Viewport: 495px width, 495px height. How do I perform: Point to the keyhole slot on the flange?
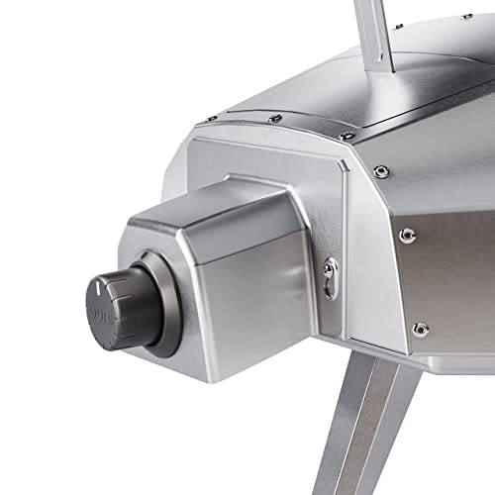[330, 272]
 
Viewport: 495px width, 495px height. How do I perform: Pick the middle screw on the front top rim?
[276, 119]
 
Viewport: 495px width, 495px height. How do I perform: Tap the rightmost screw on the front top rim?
[345, 136]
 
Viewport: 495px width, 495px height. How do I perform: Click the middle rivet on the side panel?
[407, 235]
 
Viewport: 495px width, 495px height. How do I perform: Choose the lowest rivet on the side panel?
[420, 328]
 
